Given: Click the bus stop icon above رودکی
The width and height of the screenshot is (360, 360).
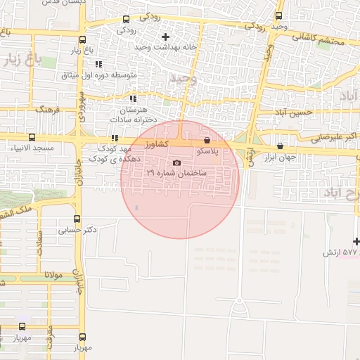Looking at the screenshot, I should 126,20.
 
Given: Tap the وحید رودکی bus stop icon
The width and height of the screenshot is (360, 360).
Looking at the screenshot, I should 279,15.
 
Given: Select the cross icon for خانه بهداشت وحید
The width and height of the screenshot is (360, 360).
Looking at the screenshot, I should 166,37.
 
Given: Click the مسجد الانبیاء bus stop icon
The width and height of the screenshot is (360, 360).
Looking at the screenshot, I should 31,138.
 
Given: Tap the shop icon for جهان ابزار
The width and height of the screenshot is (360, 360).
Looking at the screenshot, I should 281,146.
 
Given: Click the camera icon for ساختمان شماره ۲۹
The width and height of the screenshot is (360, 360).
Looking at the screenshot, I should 176,162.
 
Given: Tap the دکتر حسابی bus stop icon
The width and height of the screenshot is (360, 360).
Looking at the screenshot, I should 77,219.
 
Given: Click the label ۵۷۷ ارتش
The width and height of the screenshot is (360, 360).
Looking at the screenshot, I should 340,252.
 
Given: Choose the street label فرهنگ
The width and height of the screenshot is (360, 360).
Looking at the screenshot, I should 49,110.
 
